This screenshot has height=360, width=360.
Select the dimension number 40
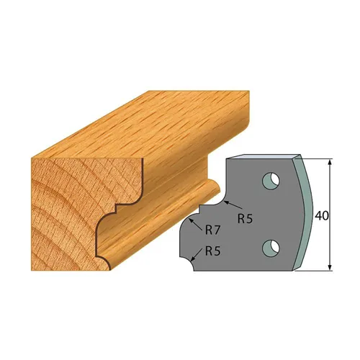(323, 215)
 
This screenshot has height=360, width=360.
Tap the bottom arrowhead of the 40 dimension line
(330, 269)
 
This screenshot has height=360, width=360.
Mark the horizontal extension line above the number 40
(317, 158)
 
